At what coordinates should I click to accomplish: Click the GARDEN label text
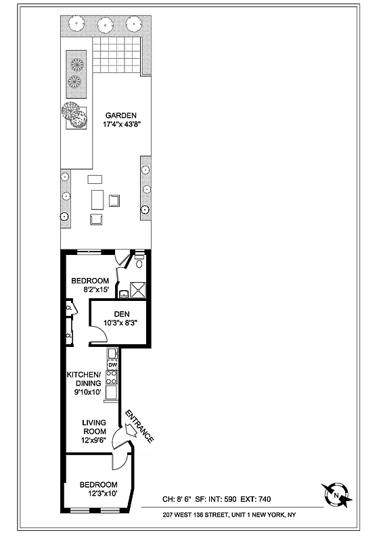(122, 115)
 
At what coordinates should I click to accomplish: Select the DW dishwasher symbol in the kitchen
(113, 366)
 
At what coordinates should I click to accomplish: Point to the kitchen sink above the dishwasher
(112, 354)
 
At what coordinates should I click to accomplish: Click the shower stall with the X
(138, 289)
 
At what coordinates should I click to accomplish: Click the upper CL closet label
(69, 308)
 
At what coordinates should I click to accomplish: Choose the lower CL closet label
(69, 335)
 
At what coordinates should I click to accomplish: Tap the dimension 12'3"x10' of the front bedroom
(98, 494)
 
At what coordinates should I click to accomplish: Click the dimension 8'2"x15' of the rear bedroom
(90, 291)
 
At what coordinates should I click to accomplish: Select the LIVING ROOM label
(94, 427)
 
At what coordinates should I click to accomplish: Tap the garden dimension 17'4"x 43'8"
(122, 125)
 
